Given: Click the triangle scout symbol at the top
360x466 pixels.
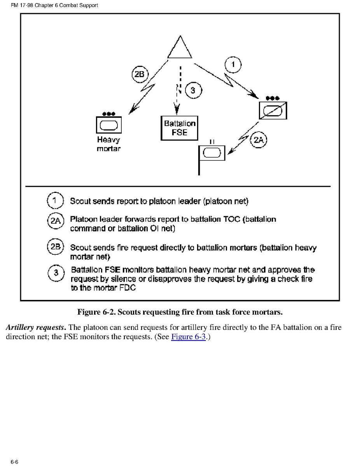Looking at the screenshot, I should click(180, 49).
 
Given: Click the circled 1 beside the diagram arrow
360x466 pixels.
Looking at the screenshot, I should click(233, 65).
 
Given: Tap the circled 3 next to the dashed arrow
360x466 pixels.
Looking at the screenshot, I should click(192, 91).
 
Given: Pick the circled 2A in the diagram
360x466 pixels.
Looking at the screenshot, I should click(259, 140).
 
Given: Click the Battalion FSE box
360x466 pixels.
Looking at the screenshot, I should click(179, 128).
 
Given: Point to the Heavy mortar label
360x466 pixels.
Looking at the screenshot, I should click(108, 144).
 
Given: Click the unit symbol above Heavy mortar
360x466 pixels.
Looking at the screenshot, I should click(108, 124).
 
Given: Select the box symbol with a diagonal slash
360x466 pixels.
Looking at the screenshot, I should click(273, 110).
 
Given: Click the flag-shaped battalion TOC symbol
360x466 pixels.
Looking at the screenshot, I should click(211, 153).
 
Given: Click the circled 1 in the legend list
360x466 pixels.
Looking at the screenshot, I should click(54, 201).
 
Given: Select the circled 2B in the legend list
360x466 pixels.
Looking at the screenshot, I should click(54, 247).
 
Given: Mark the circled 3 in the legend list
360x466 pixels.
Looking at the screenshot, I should click(56, 273).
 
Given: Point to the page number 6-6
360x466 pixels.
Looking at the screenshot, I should click(15, 462).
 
